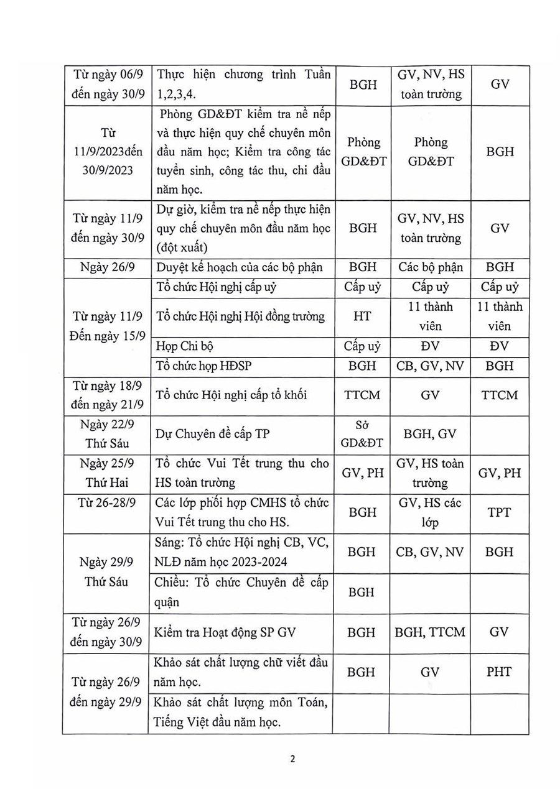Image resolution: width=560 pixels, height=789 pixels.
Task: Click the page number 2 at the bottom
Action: [292, 759]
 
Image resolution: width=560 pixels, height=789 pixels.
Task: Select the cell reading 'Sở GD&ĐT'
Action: [363, 435]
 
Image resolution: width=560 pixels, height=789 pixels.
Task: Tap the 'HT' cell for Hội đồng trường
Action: [362, 316]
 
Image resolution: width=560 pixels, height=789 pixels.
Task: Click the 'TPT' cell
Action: [499, 512]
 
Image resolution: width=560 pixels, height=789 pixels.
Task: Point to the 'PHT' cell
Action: [499, 672]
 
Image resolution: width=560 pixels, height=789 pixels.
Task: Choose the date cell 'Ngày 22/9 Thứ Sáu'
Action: [105, 435]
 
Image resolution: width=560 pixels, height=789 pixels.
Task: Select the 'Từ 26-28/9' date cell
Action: [105, 503]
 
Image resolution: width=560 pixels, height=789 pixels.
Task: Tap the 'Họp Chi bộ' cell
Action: [185, 346]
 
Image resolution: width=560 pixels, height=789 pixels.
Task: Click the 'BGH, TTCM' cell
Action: [430, 632]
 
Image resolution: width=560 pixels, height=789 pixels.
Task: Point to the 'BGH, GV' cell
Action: [430, 434]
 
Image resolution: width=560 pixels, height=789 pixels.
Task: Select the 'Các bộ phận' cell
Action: [430, 267]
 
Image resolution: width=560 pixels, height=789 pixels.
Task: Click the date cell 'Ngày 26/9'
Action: [105, 267]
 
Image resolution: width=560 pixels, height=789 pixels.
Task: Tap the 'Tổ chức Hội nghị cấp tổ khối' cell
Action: [231, 395]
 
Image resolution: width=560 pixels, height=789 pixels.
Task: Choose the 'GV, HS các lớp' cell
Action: [430, 512]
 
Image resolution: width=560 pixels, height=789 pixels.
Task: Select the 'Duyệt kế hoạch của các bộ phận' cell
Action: [240, 267]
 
